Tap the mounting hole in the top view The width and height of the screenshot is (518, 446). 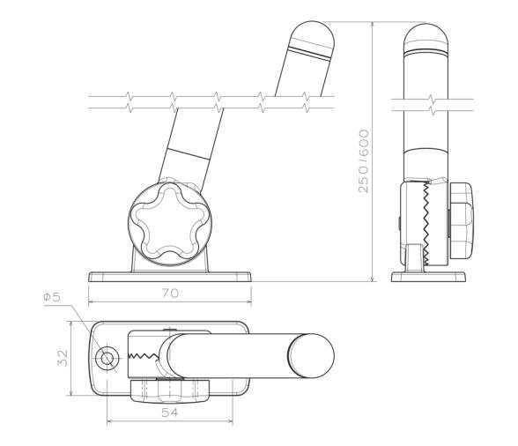point(107,358)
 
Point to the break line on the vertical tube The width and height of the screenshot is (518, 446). point(425,104)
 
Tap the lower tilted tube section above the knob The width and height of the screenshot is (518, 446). point(182,164)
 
